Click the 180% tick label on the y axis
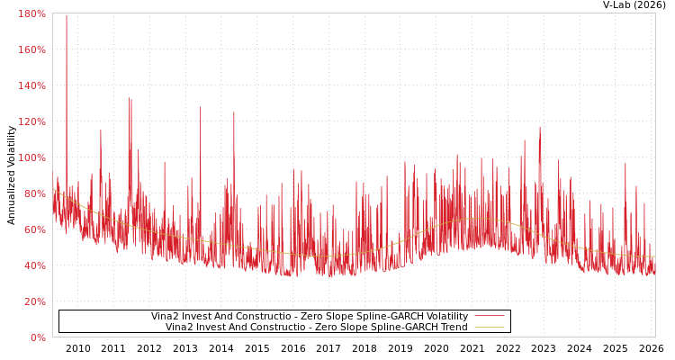click(31, 13)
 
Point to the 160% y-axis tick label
click(31, 49)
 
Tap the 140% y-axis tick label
click(31, 85)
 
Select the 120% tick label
click(31, 121)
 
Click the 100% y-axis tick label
click(31, 157)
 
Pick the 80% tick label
click(34, 193)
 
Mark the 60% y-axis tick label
click(34, 229)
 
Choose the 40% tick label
click(34, 265)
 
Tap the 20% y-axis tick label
click(34, 301)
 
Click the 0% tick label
click(37, 337)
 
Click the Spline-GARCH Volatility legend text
click(309, 317)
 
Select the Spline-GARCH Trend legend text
click(316, 327)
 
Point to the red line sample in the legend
click(489, 317)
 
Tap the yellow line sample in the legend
click(489, 327)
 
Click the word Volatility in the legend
click(445, 317)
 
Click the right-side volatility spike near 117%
click(540, 128)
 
